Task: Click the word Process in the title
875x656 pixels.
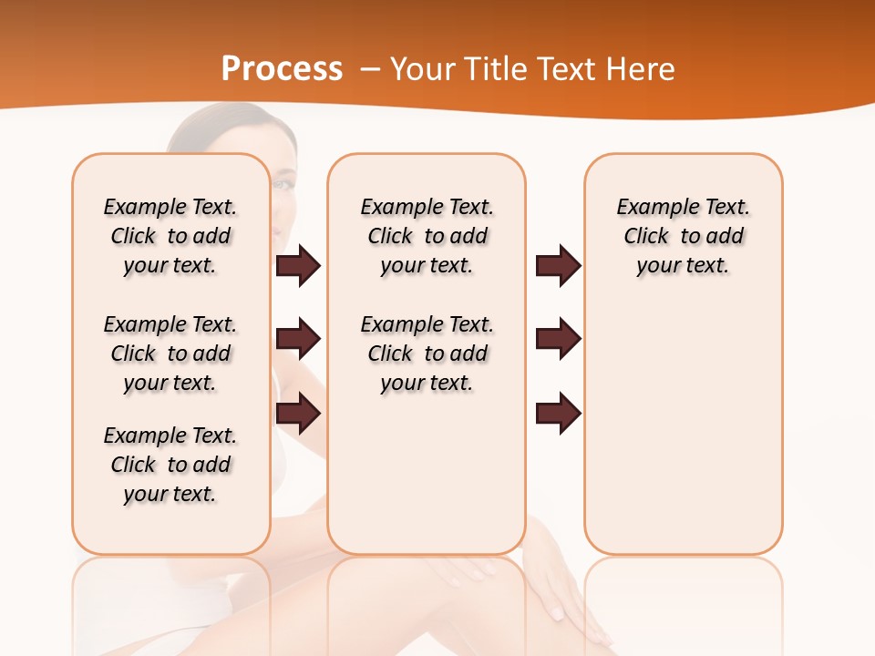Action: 282,69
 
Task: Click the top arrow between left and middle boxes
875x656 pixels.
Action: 298,266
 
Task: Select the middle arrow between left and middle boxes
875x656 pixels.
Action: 298,340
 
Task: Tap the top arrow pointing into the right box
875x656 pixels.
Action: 558,266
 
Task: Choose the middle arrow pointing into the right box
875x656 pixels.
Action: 558,340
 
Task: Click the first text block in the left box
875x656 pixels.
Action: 170,236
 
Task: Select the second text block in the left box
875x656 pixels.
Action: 170,354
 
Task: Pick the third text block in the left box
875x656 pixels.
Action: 170,465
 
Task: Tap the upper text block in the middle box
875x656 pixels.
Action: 427,236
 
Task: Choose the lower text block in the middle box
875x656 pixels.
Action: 427,354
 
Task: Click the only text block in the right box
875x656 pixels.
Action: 683,236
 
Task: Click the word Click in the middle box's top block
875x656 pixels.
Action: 390,237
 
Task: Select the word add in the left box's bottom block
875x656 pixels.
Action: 211,465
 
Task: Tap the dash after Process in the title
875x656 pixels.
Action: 369,69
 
